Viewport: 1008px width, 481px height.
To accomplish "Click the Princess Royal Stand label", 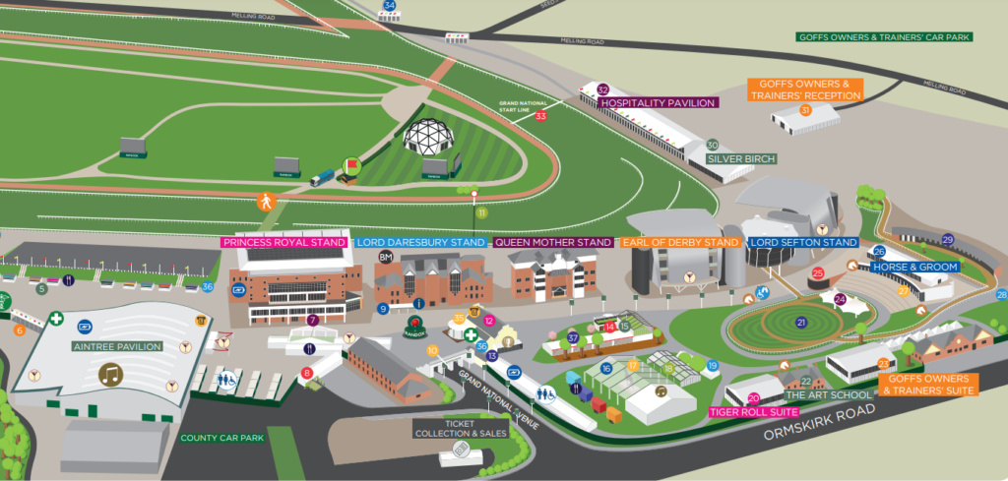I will tap(284, 242).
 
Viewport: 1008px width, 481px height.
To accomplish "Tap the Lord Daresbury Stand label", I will tap(420, 242).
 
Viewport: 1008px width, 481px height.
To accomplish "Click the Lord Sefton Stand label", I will tap(803, 242).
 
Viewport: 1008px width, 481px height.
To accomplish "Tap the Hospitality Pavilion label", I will tap(659, 102).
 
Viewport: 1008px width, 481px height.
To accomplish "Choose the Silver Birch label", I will tap(741, 158).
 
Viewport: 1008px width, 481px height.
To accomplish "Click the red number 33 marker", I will tap(540, 116).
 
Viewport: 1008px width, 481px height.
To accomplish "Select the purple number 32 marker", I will tap(603, 90).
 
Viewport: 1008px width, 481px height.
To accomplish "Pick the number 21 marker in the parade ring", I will tap(801, 323).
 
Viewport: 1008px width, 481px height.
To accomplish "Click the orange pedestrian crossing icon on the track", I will tap(265, 202).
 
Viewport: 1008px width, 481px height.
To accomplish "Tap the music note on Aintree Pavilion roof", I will tap(113, 374).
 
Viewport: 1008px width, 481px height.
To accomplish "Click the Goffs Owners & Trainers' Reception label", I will tap(804, 90).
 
